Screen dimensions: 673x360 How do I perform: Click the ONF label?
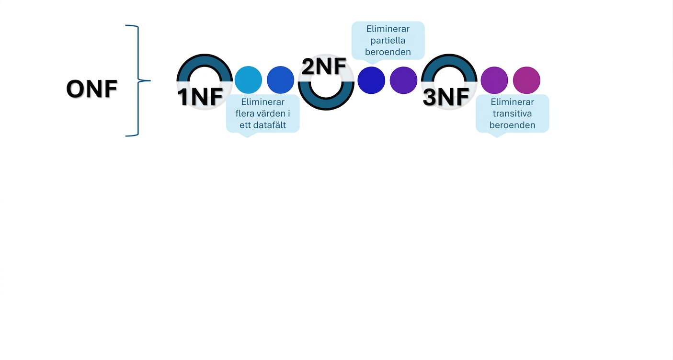point(91,89)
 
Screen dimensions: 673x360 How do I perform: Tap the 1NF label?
point(200,97)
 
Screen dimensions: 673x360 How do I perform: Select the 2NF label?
point(324,67)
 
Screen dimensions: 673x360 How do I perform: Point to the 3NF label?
point(446,97)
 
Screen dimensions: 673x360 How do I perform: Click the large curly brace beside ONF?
point(138,80)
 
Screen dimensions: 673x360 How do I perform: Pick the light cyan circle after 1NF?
point(248,80)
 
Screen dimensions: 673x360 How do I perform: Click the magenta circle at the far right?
point(526,80)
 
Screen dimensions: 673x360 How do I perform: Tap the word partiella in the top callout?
point(388,41)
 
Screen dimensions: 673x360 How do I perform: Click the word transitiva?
point(512,113)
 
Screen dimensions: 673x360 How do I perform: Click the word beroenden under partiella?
point(388,52)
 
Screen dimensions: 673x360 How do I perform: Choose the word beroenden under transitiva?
point(512,125)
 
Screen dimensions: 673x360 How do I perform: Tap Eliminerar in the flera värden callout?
point(262,102)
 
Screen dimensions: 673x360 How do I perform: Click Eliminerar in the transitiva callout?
point(512,102)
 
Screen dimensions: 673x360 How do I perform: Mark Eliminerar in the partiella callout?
point(388,29)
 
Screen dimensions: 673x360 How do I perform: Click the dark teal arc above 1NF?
point(205,60)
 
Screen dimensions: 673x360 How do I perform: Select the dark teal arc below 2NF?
point(326,104)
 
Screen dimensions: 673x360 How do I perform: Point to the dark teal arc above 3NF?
point(449,60)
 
